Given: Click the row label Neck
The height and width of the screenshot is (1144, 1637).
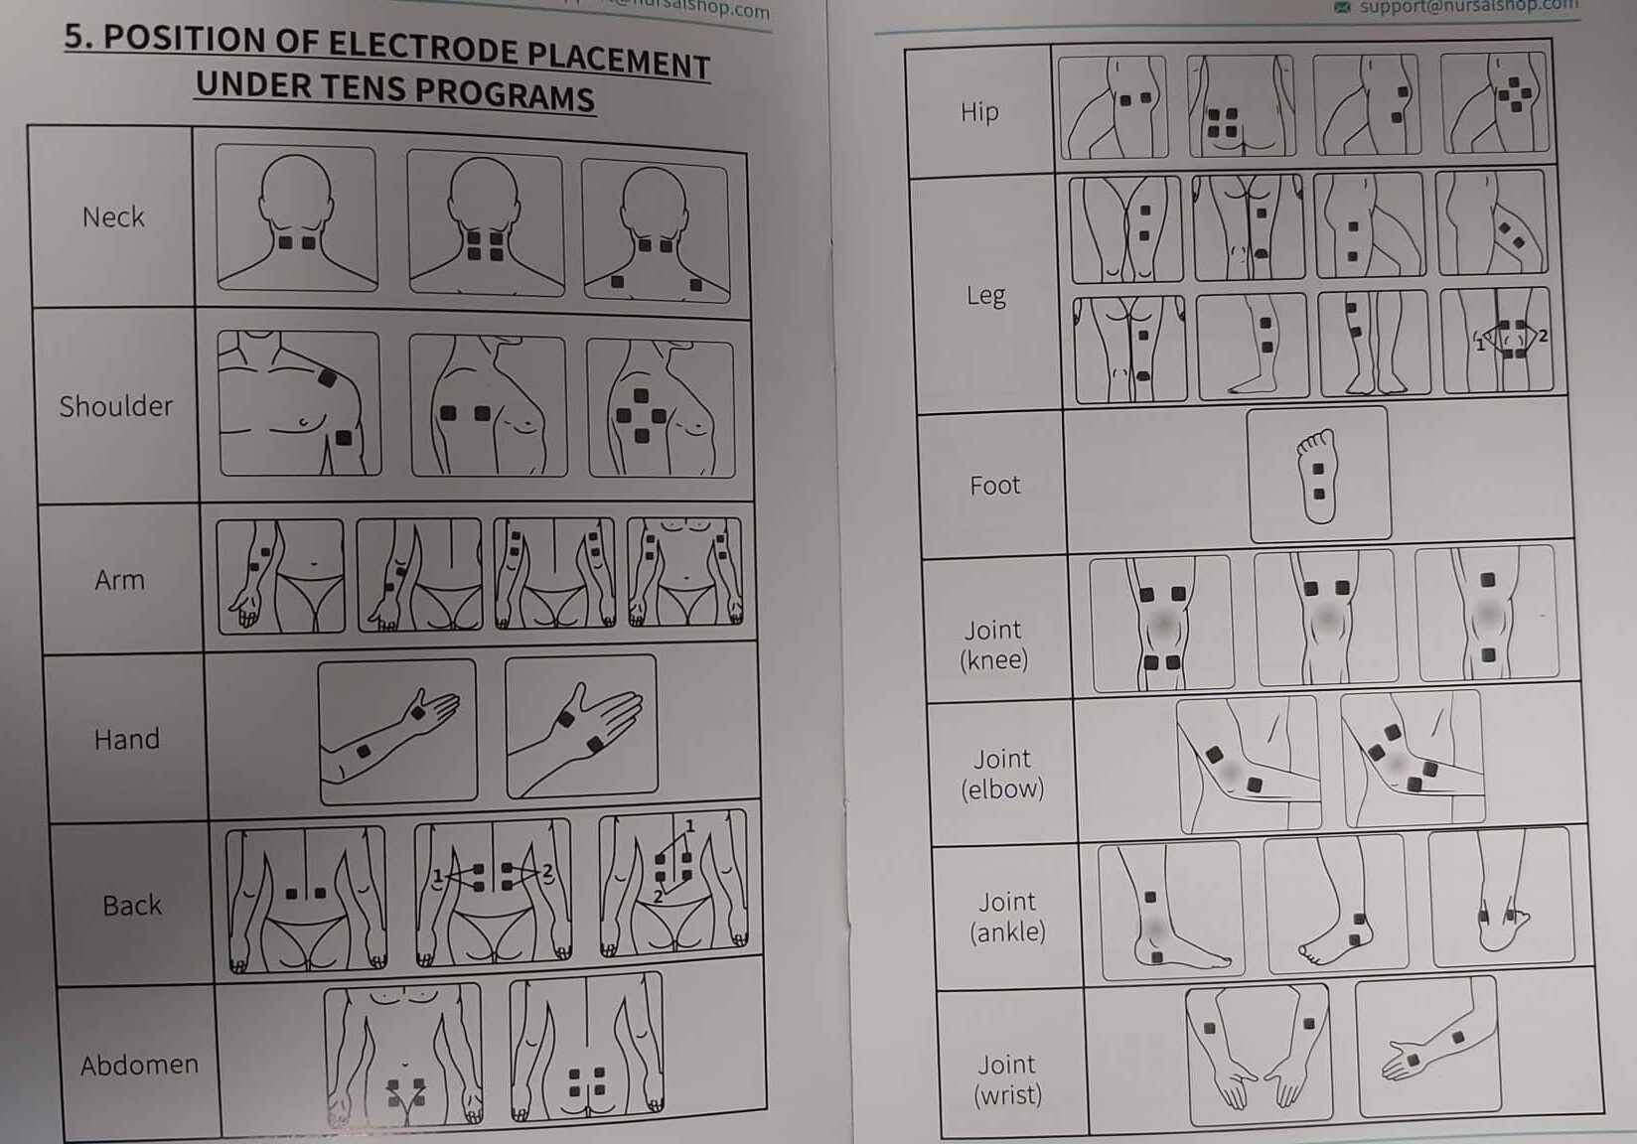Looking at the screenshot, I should pyautogui.click(x=113, y=216).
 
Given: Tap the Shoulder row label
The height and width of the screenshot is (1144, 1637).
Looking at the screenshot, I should pyautogui.click(x=116, y=406).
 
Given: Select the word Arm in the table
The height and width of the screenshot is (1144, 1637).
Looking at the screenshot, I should pyautogui.click(x=119, y=579).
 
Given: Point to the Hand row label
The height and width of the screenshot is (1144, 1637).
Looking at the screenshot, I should pyautogui.click(x=126, y=739).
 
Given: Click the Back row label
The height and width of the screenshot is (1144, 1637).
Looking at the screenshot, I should pyautogui.click(x=132, y=905).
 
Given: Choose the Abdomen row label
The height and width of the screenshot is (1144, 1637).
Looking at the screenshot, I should pyautogui.click(x=139, y=1065).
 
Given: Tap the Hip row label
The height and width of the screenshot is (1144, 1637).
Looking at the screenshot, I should pyautogui.click(x=979, y=111).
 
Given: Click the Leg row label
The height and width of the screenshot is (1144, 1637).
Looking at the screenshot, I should pyautogui.click(x=985, y=295).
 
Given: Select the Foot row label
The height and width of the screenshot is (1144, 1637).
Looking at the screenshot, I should pyautogui.click(x=994, y=485).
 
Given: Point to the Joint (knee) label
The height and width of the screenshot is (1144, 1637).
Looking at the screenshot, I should pyautogui.click(x=993, y=644).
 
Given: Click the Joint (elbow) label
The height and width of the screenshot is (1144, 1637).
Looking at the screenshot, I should pyautogui.click(x=1002, y=774).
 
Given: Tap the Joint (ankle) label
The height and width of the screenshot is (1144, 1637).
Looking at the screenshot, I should pyautogui.click(x=1007, y=916).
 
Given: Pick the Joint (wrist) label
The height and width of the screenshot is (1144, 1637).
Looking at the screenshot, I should pyautogui.click(x=1007, y=1079).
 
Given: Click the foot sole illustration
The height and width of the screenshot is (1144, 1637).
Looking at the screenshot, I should pyautogui.click(x=1318, y=476).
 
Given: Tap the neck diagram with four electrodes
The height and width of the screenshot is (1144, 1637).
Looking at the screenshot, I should pyautogui.click(x=485, y=222).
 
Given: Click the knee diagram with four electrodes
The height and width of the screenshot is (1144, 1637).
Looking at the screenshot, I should pyautogui.click(x=1161, y=623).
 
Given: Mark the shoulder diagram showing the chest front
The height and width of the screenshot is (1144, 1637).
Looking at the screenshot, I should pyautogui.click(x=298, y=403).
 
